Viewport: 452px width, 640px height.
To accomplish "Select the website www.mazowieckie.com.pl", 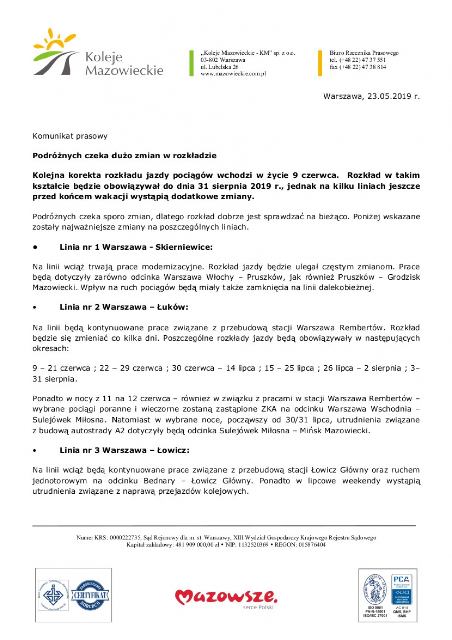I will (233, 73).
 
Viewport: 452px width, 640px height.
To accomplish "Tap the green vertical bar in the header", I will (191, 63).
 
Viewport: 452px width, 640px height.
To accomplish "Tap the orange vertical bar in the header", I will (320, 63).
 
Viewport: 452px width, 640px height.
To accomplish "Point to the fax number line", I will (358, 67).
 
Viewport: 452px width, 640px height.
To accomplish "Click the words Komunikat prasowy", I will (70, 136).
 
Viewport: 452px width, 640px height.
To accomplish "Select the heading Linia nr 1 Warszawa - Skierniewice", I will (136, 247).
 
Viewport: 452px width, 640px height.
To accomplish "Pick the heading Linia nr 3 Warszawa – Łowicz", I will (124, 450).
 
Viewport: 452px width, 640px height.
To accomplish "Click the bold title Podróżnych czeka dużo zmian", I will (125, 156).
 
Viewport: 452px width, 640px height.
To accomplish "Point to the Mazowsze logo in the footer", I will (226, 597).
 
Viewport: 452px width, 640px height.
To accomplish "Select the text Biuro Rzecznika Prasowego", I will (364, 53).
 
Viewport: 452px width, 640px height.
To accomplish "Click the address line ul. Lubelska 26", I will (219, 67).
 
